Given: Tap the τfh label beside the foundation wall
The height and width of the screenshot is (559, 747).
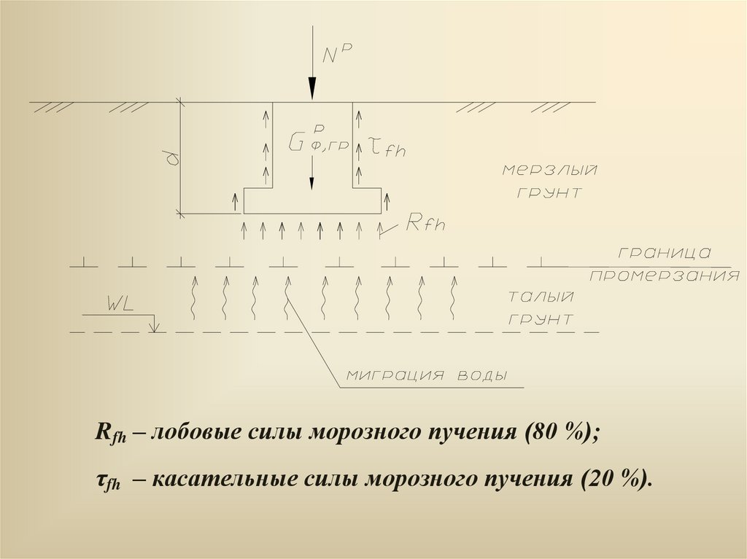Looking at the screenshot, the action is point(387,149).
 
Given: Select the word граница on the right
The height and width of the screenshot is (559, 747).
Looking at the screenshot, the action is point(664,253).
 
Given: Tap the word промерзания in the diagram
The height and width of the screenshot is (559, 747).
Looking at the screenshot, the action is point(664,276).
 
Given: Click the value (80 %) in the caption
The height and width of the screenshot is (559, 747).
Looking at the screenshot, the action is point(562,431).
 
